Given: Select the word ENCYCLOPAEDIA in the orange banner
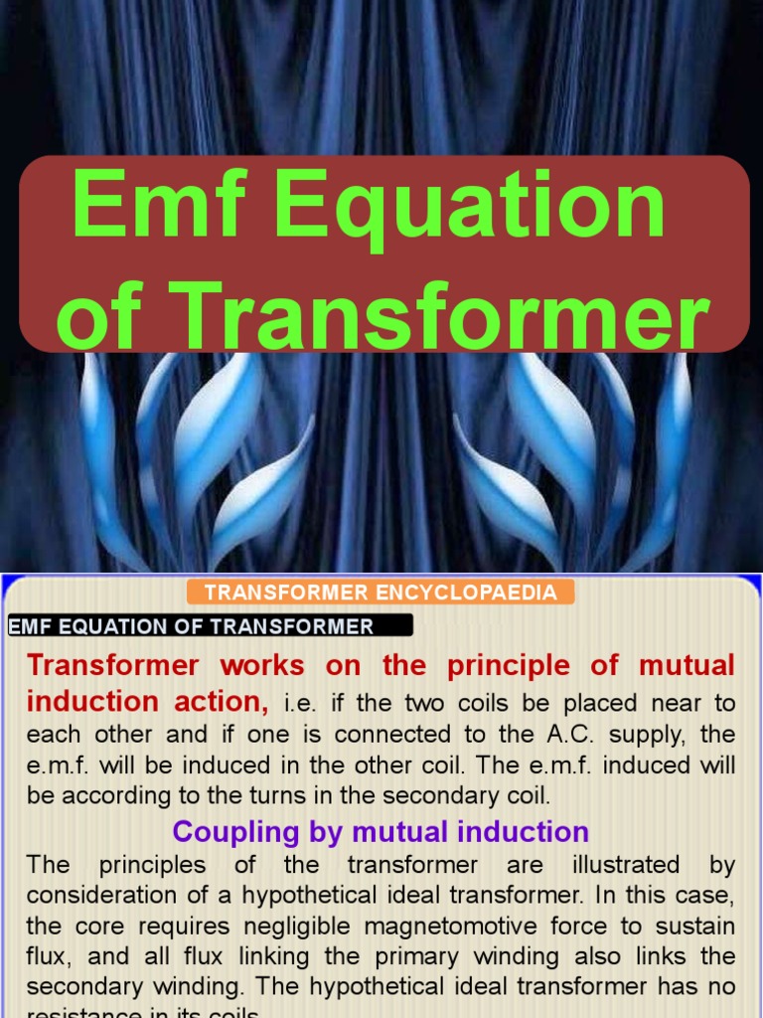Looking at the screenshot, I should tap(480, 594).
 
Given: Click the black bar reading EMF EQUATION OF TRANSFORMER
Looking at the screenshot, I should tap(209, 626).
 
